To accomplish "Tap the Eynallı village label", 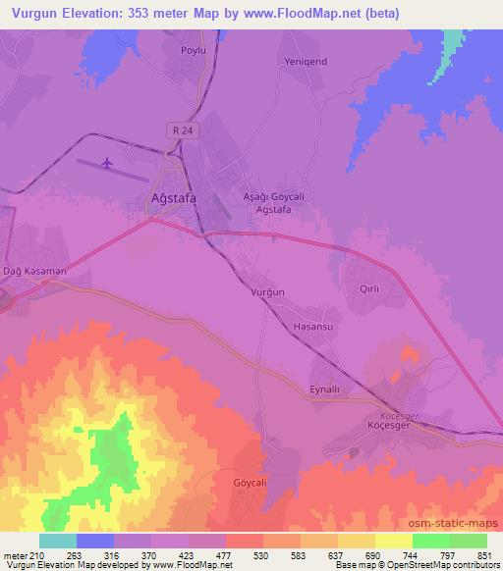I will (x=324, y=389).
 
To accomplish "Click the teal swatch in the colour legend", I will (x=58, y=541).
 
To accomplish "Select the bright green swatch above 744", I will (x=431, y=541).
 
